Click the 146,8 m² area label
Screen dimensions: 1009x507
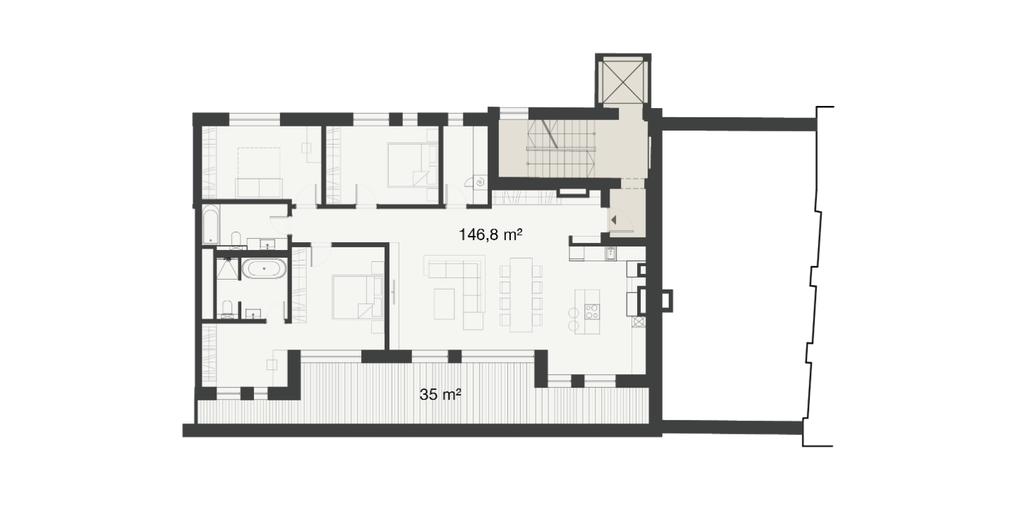tap(490, 235)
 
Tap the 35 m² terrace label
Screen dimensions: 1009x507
tap(440, 394)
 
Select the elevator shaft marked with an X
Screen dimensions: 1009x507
tap(623, 82)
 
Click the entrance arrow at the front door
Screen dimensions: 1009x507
tap(613, 220)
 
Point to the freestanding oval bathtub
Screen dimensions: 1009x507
tap(264, 268)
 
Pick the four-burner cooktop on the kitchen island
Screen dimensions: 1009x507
tap(592, 311)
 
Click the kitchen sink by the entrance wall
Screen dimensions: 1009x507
tap(611, 253)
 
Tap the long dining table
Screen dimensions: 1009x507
tap(521, 294)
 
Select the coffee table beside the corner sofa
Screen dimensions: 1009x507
tap(444, 304)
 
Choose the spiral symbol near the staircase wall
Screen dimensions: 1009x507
tap(481, 182)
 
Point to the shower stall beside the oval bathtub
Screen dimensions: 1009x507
tap(227, 268)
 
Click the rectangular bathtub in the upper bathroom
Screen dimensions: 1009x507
tap(210, 224)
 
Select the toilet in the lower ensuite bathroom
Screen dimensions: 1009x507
tap(227, 309)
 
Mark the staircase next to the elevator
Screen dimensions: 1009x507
tap(562, 148)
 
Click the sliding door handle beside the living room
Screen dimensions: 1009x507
tap(394, 292)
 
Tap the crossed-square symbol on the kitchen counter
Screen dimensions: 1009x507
tap(639, 322)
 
